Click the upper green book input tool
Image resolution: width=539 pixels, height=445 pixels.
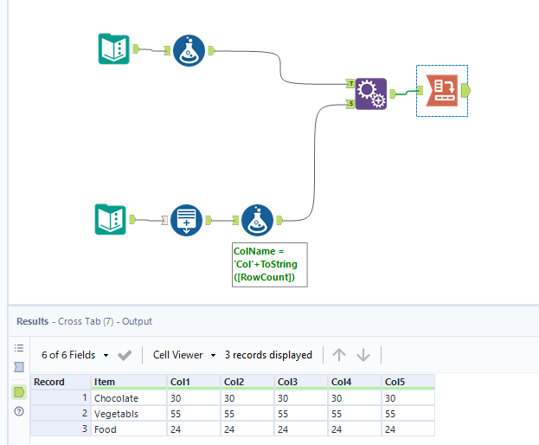[x=113, y=49]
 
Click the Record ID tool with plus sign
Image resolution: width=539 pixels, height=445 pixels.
[x=186, y=220]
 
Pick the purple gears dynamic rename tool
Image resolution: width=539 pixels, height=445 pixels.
[x=370, y=94]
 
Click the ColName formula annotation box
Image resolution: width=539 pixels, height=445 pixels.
[x=267, y=265]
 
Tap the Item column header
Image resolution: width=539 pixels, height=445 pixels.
[x=106, y=382]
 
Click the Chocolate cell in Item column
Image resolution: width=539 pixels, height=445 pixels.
[x=116, y=397]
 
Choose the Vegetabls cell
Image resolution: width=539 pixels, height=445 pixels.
[x=116, y=413]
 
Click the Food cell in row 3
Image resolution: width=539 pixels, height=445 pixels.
[x=106, y=429]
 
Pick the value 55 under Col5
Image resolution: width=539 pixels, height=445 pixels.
[x=391, y=413]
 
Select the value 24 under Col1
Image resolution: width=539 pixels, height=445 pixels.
[x=176, y=429]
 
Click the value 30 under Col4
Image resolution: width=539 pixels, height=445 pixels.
[x=337, y=397]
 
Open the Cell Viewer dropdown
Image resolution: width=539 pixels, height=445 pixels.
[x=183, y=355]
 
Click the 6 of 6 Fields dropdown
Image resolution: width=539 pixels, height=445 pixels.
[x=75, y=355]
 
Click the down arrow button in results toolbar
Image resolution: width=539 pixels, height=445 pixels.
[x=363, y=355]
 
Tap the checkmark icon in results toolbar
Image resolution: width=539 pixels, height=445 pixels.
[x=125, y=355]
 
